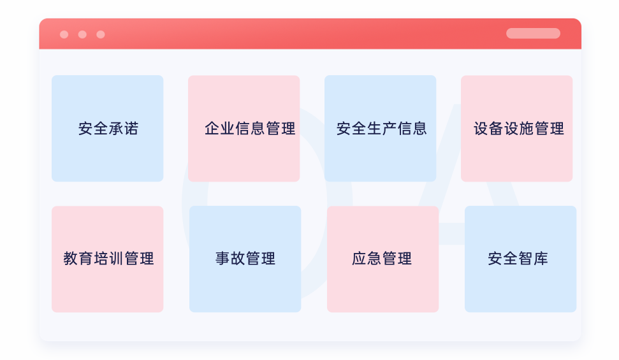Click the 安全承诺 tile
coord(107,128)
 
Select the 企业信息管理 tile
coord(244,128)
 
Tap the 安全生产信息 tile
coord(380,128)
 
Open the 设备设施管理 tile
coord(517,128)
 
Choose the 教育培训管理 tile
coord(107,259)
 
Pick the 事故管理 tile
coord(245,259)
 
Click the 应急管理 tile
coord(383,259)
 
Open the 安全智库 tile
coord(521,259)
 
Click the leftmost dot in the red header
coord(64,34)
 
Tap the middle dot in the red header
coord(82,34)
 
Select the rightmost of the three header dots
coord(101,34)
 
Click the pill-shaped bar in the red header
coord(534,33)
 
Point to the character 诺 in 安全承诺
coord(131,128)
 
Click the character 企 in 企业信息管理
coord(212,128)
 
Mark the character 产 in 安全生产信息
coord(390,128)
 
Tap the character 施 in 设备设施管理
coord(527,128)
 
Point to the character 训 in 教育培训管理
coord(117,259)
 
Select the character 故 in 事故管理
coord(238,259)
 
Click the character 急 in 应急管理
coord(374,259)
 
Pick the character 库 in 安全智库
coord(541,259)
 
